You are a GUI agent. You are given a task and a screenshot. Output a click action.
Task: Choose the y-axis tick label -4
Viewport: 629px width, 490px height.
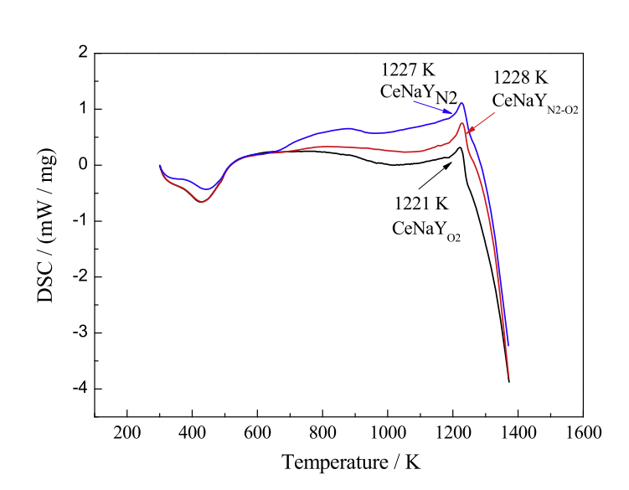point(79,389)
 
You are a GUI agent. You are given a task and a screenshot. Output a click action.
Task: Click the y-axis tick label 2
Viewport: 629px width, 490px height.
point(83,53)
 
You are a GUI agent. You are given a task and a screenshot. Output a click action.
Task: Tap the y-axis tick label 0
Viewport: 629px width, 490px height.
point(83,165)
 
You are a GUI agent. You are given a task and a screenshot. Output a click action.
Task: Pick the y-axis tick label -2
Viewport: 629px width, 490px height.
point(79,276)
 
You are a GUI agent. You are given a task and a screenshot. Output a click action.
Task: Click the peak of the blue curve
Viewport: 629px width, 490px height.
point(461,103)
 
